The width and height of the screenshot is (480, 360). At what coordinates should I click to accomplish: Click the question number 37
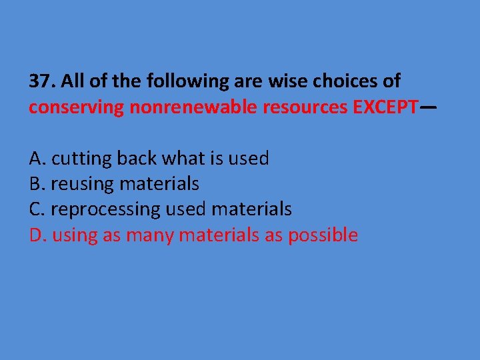coord(41,81)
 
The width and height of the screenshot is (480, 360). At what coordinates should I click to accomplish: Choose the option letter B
coord(36,183)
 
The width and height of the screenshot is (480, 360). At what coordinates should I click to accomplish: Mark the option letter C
coord(36,209)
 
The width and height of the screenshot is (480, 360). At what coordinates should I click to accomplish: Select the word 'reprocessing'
coord(105,209)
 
